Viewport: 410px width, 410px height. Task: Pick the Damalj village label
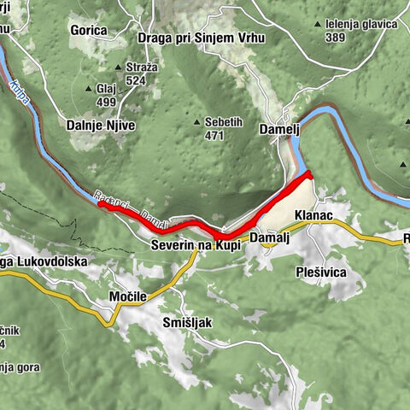(270, 237)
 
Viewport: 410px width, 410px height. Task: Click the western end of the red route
(100, 204)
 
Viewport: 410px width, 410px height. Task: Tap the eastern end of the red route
(310, 175)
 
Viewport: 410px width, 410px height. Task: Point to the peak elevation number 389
(336, 38)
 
